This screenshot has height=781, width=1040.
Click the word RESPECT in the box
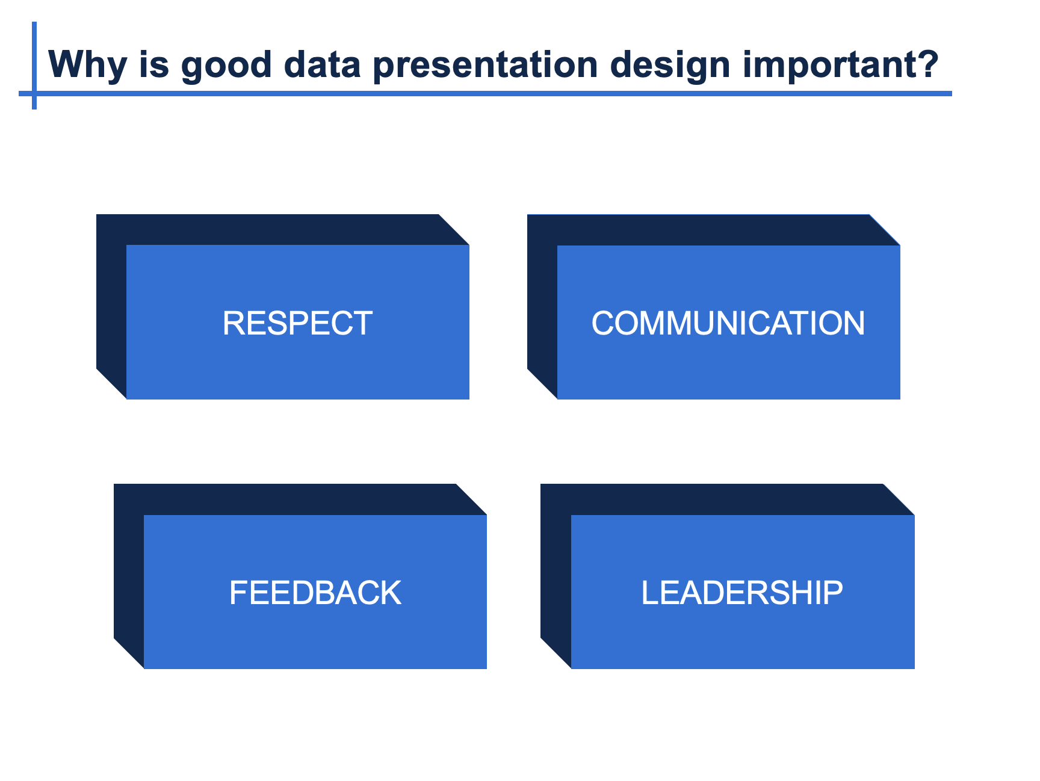point(297,323)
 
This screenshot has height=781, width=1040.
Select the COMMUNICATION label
point(728,323)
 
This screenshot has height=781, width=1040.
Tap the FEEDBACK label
point(315,593)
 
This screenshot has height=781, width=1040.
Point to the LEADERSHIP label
point(742,593)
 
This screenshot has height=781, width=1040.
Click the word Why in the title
point(88,64)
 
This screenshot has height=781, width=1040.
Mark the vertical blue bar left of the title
point(34,66)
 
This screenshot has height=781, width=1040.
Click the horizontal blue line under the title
point(485,93)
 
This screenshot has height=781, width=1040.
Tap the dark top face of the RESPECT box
point(282,229)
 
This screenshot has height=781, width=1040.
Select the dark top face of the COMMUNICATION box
point(713,230)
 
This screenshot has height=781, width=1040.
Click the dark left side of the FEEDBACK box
point(129,576)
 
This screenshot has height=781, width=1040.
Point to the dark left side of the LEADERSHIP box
point(556,576)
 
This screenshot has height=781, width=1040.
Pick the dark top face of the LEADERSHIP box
point(727,499)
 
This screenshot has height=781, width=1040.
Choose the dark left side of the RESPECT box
point(111,306)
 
